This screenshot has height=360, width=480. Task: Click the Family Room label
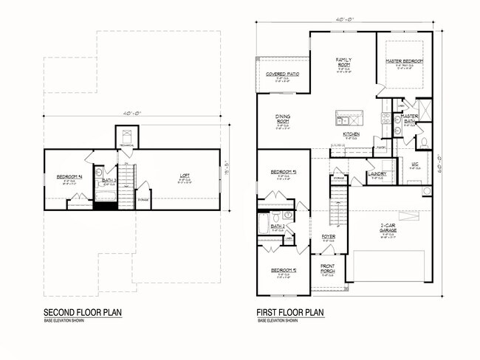pos(344,60)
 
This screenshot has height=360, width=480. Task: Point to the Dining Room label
pos(281,120)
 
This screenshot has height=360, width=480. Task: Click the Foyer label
pos(329,238)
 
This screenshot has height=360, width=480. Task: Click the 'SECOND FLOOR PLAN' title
pos(83,311)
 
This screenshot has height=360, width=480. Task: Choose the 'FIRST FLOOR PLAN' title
pos(290,311)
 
